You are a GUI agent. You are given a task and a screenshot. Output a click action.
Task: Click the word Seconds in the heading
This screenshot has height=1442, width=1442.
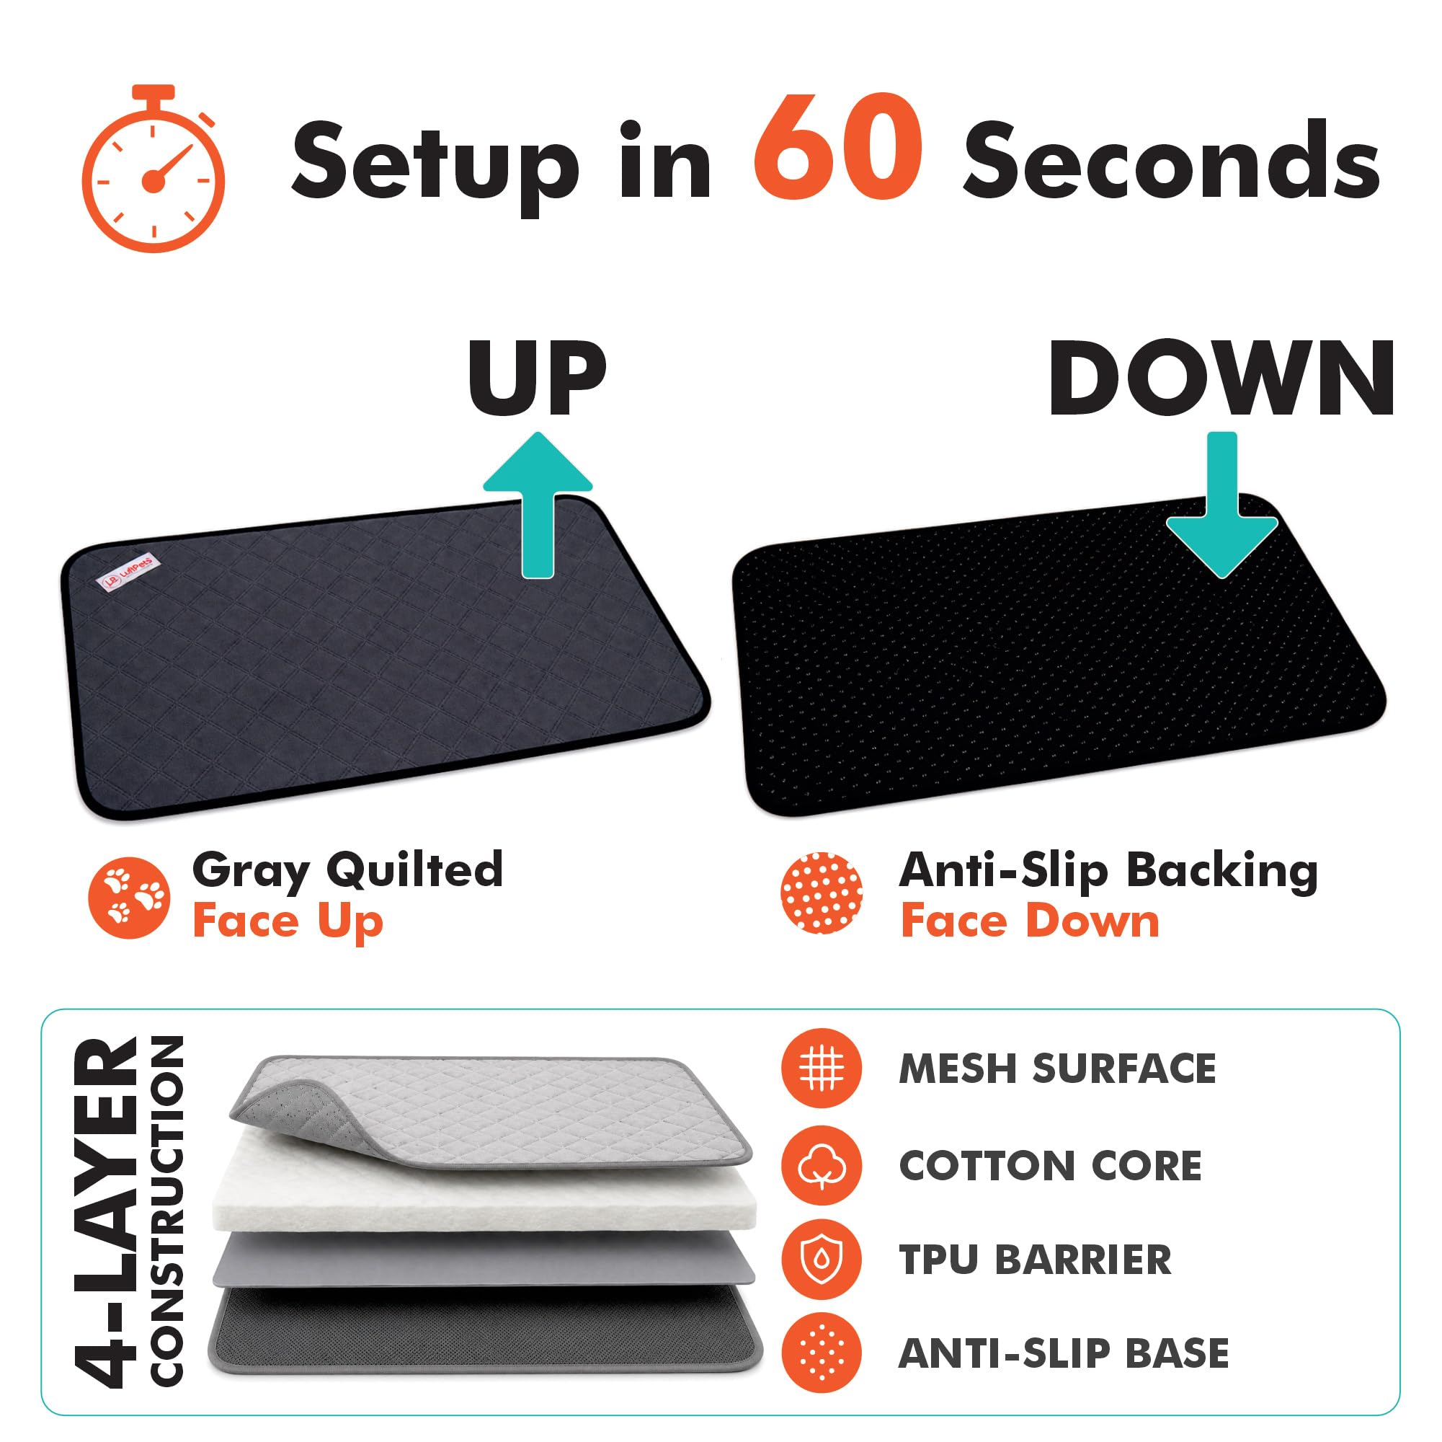1171,160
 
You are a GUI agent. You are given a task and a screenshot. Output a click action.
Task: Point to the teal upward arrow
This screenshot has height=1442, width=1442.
538,504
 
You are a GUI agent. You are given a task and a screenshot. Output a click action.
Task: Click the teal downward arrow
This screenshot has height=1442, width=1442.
1221,504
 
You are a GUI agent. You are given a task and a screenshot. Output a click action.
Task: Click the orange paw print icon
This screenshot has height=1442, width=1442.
129,898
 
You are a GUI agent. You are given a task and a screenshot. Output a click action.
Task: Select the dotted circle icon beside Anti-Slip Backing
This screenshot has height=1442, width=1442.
821,893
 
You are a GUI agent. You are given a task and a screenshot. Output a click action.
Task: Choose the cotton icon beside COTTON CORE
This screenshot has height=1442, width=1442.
821,1167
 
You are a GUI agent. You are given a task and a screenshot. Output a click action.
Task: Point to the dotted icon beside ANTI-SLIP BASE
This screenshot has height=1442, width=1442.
821,1353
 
